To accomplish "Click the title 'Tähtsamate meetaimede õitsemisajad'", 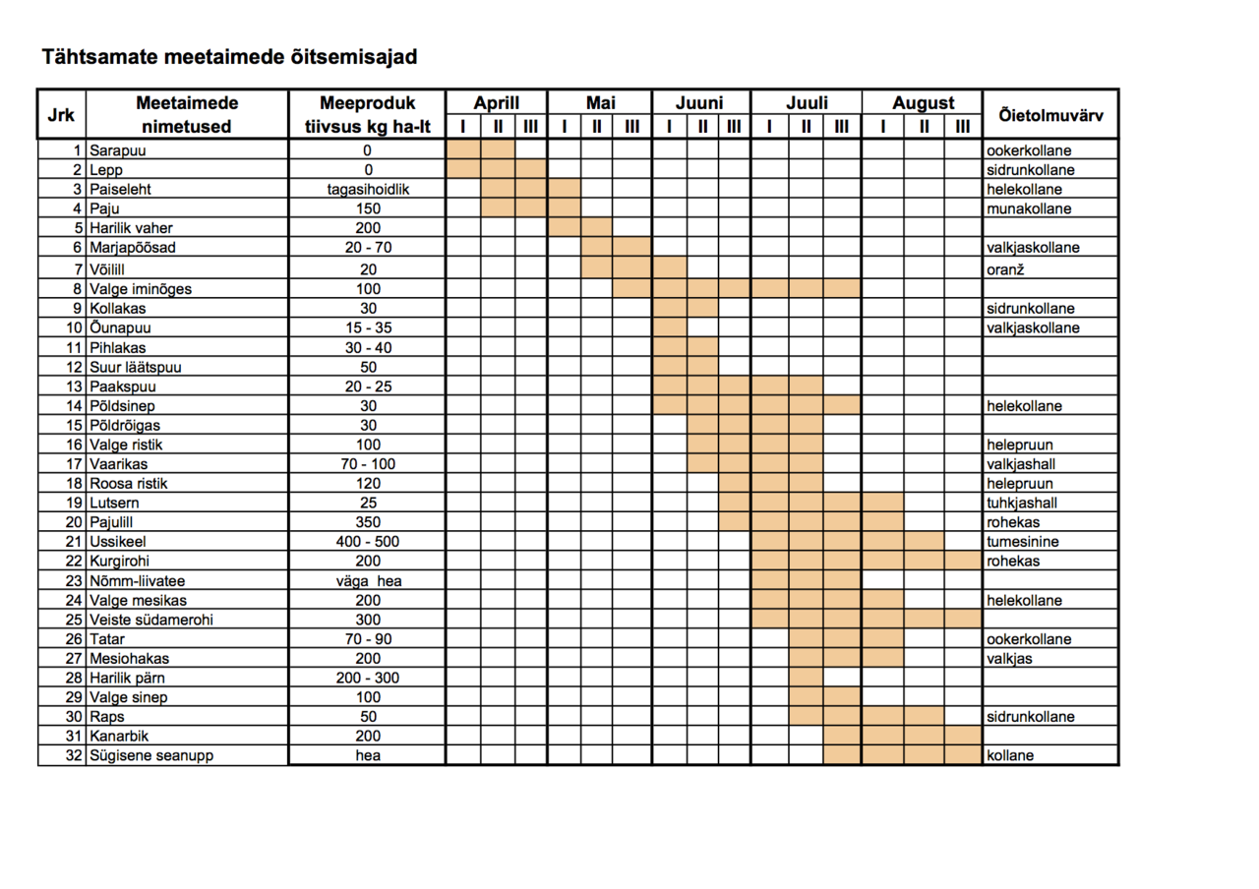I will point(229,57).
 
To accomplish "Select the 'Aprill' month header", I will point(496,103).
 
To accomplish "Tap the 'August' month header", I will point(923,103).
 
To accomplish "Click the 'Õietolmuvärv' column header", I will point(1050,115).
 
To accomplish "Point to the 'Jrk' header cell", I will point(61,115).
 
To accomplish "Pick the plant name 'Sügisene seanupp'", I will point(150,756).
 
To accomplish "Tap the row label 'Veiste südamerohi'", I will point(151,620).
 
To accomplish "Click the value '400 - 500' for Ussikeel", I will point(368,542).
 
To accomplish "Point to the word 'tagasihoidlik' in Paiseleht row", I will point(368,190).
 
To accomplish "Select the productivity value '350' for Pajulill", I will point(368,522).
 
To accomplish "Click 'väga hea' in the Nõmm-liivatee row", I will point(368,581).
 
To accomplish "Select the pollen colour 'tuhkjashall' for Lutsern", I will point(1025,503).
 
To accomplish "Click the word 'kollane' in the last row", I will point(1010,756).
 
